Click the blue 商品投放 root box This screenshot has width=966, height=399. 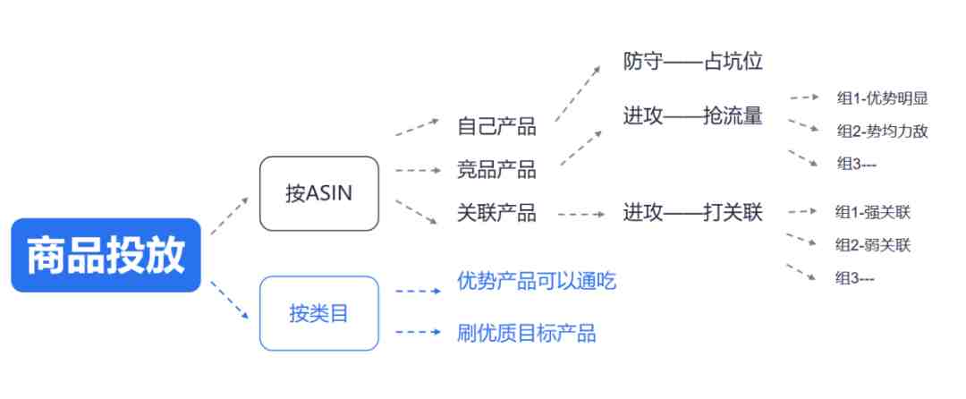point(106,255)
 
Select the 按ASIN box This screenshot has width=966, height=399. point(319,193)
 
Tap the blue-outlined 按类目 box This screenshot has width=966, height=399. point(319,313)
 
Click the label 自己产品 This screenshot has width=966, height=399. point(496,126)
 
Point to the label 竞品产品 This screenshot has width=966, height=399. point(496,169)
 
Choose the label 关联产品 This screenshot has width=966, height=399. point(496,213)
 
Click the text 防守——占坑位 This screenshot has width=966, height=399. point(692,62)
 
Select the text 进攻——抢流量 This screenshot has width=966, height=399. point(692,115)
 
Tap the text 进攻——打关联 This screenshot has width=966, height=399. point(692,213)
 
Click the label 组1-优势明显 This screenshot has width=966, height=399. point(882,98)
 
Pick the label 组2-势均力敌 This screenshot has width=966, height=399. point(882,132)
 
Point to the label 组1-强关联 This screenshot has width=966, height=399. point(872,213)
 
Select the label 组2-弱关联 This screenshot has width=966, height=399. point(872,245)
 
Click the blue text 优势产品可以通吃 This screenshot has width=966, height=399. point(537,282)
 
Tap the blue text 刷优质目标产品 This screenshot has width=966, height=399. point(526,333)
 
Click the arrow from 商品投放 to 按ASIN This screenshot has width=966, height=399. point(230,216)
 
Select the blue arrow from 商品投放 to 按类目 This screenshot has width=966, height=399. point(230,301)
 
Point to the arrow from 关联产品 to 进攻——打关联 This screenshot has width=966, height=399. point(581,215)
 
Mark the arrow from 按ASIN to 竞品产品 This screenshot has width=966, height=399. point(419,170)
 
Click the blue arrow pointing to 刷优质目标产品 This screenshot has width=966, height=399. point(419,332)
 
